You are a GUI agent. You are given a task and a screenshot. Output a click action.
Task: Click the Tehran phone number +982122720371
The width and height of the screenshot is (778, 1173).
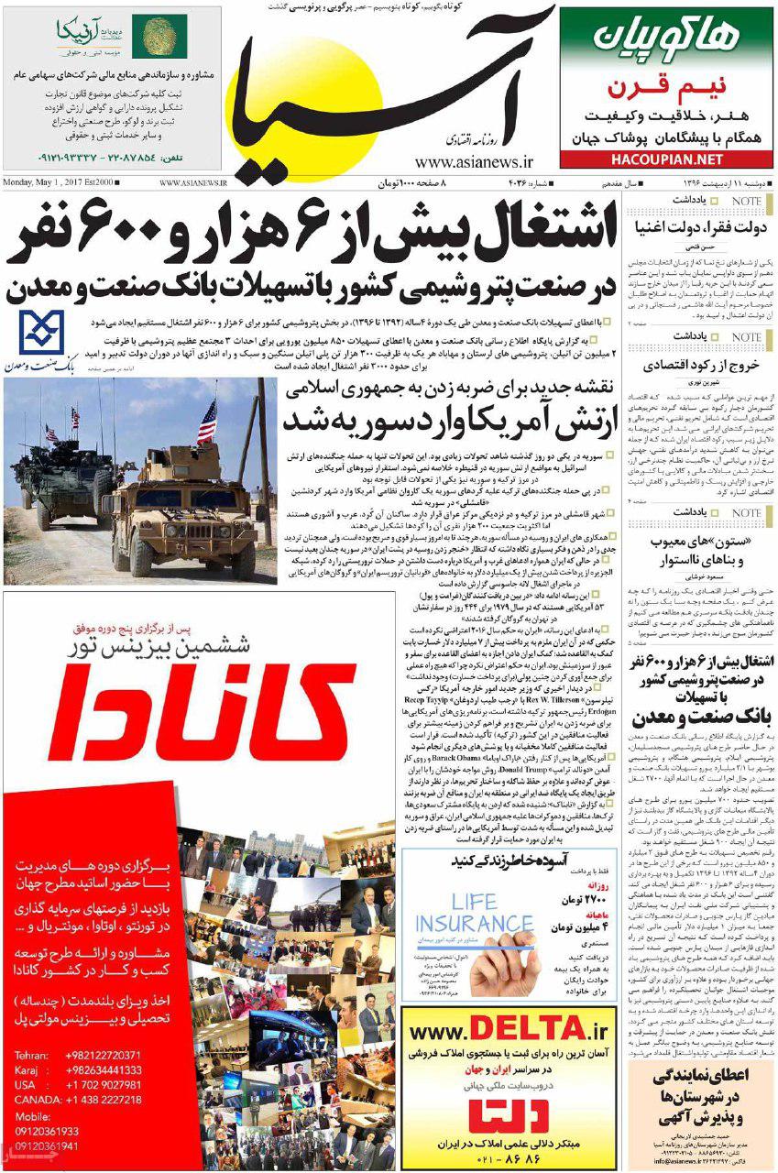click(x=102, y=1055)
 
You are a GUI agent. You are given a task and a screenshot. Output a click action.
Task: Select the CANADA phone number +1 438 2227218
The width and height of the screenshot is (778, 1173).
click(x=102, y=1100)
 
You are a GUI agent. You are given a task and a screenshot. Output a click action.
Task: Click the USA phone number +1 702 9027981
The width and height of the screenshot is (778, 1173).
click(x=102, y=1085)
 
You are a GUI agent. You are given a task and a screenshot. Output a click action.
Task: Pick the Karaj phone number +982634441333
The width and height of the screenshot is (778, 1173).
click(x=102, y=1069)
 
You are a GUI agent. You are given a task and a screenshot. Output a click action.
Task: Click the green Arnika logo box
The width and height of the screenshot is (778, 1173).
click(x=159, y=37)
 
